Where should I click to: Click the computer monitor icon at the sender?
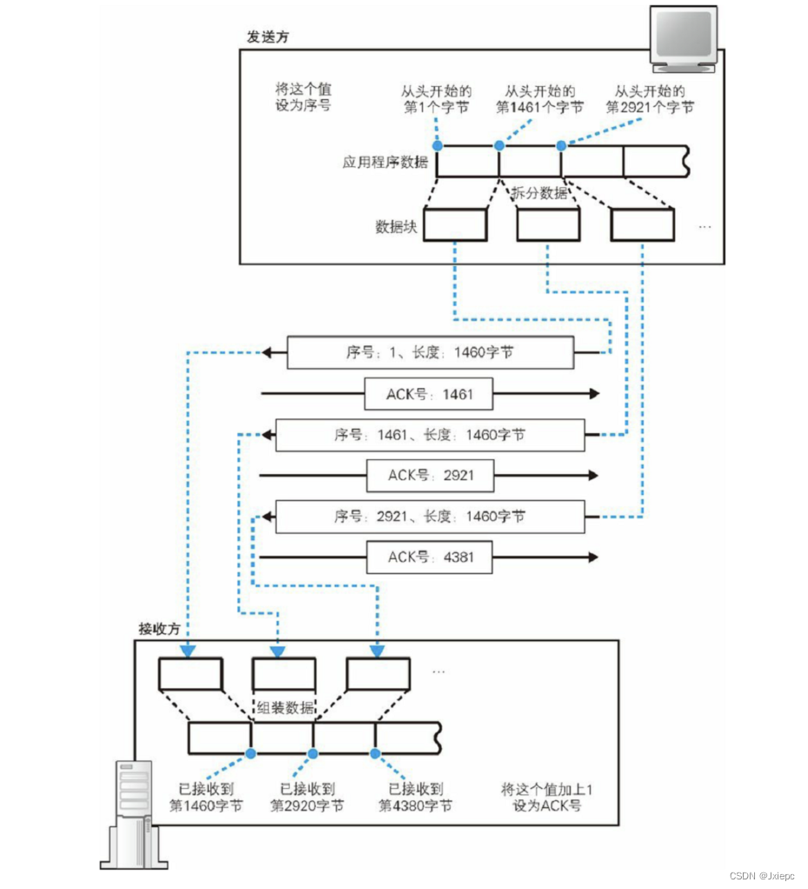pos(686,39)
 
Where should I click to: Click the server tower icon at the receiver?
pos(135,813)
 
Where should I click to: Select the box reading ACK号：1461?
pos(429,394)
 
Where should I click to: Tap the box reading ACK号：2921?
pos(429,476)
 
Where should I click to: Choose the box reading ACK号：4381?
pos(429,557)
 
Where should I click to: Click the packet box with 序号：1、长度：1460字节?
pos(430,353)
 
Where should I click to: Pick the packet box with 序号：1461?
pos(430,434)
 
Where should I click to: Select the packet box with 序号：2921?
pos(430,516)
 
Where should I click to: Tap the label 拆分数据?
pos(539,193)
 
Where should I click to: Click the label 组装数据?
pos(286,707)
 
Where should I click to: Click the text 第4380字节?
pos(416,805)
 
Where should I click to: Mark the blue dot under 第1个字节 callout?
pos(437,145)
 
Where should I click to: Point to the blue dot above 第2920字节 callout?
pos(313,753)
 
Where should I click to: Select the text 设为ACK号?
pos(546,805)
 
